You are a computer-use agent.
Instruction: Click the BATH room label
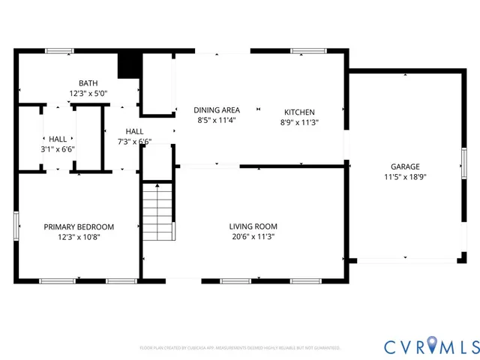tap(89, 83)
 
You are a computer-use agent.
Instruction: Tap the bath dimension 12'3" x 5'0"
tap(89, 94)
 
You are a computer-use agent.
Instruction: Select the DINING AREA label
tap(217, 110)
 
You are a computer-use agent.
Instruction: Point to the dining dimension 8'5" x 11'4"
tap(217, 120)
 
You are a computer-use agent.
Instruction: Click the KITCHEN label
tap(299, 112)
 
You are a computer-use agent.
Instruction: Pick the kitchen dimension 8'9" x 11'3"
tap(299, 122)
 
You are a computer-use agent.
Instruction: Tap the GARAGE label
tap(404, 166)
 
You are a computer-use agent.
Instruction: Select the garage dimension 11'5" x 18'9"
tap(404, 177)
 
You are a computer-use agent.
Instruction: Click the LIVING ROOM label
tap(253, 226)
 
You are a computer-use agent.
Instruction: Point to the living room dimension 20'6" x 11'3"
tap(253, 236)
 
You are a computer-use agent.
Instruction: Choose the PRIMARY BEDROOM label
tap(79, 226)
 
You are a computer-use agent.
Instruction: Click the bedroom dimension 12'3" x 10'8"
tap(79, 237)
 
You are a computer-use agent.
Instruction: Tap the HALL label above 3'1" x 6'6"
tap(58, 139)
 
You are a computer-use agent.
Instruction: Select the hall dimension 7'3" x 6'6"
tap(135, 141)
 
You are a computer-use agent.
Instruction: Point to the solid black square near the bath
tap(130, 64)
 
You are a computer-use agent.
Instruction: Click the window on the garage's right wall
tap(463, 163)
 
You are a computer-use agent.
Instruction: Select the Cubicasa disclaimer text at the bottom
tap(240, 348)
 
